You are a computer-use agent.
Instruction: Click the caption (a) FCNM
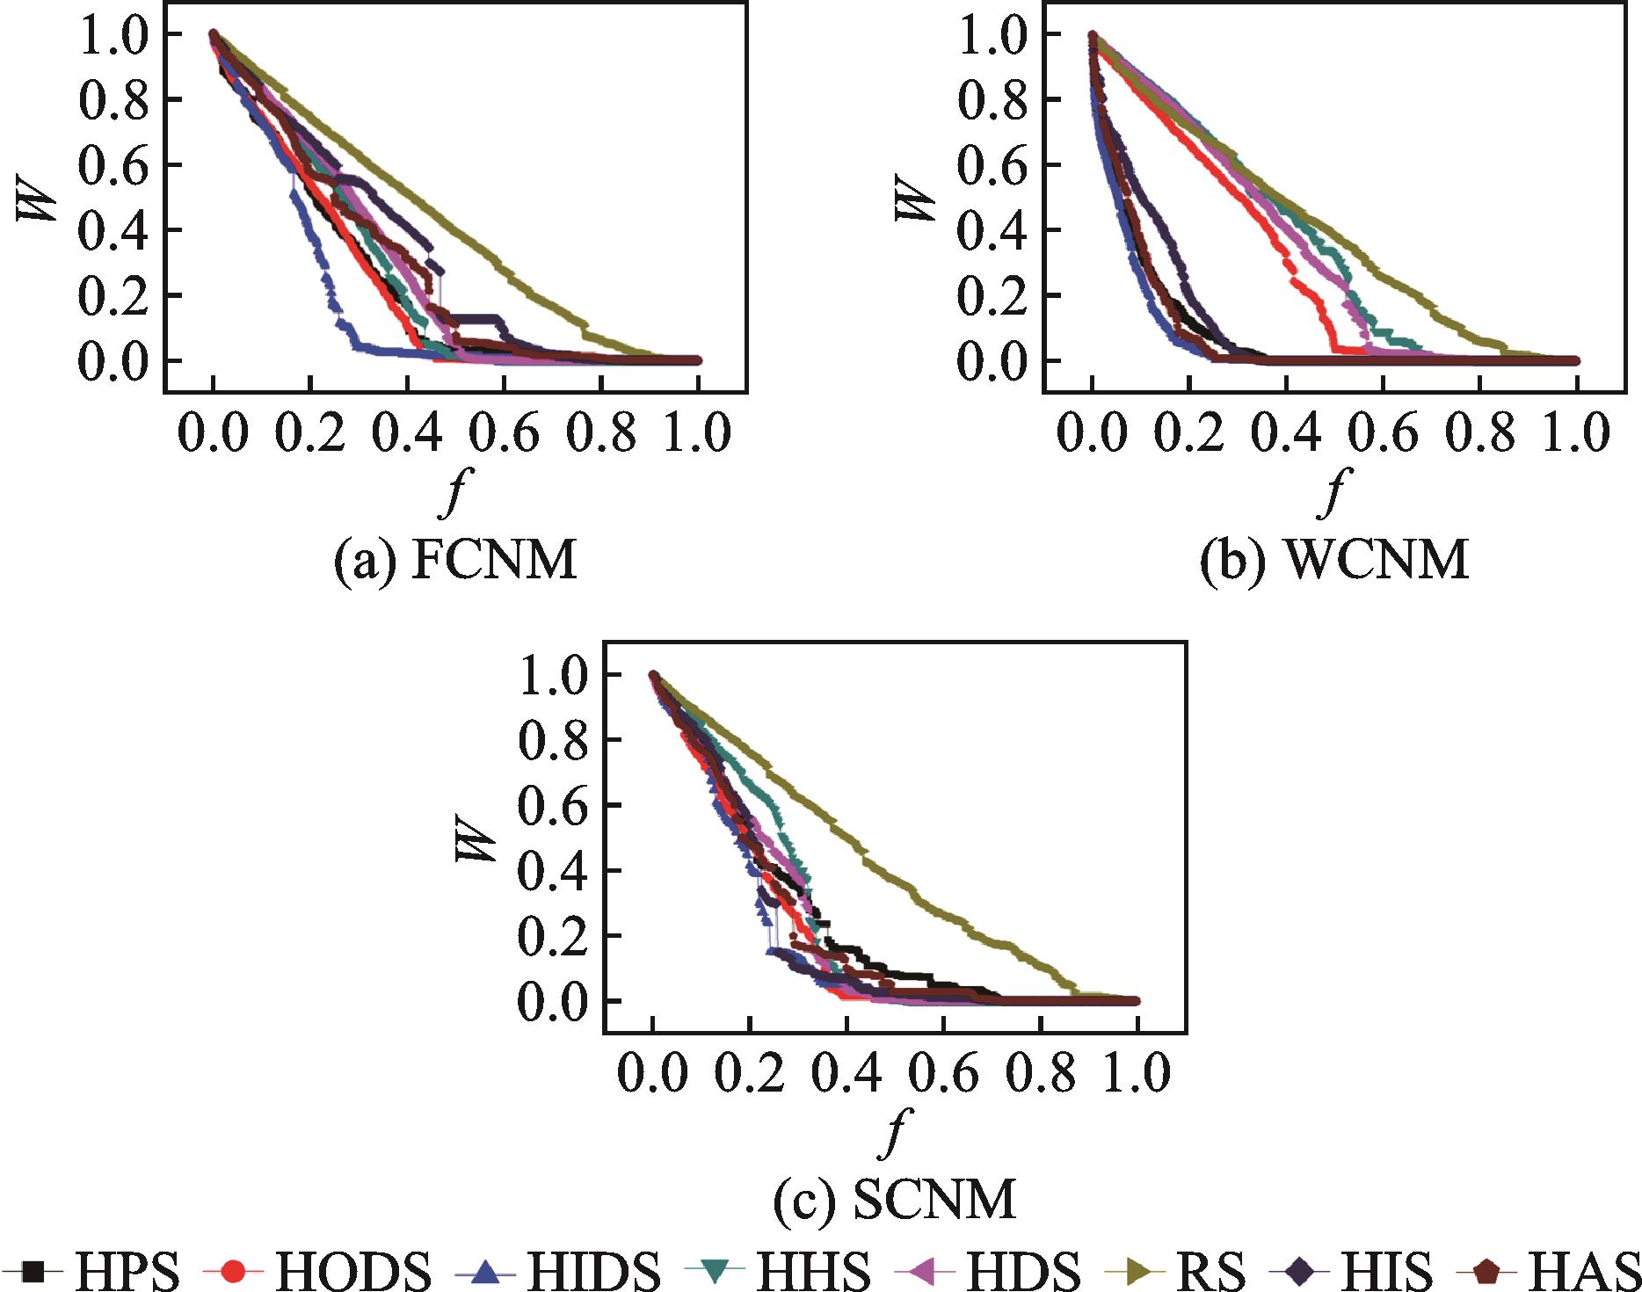pyautogui.click(x=455, y=560)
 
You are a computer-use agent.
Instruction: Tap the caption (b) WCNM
pyautogui.click(x=1334, y=560)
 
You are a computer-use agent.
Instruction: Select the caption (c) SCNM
pyautogui.click(x=895, y=1201)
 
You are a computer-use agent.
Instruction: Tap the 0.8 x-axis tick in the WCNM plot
pyautogui.click(x=1479, y=434)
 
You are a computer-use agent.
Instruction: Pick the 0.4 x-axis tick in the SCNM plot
pyautogui.click(x=846, y=1074)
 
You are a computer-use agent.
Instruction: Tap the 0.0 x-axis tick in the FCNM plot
pyautogui.click(x=214, y=434)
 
